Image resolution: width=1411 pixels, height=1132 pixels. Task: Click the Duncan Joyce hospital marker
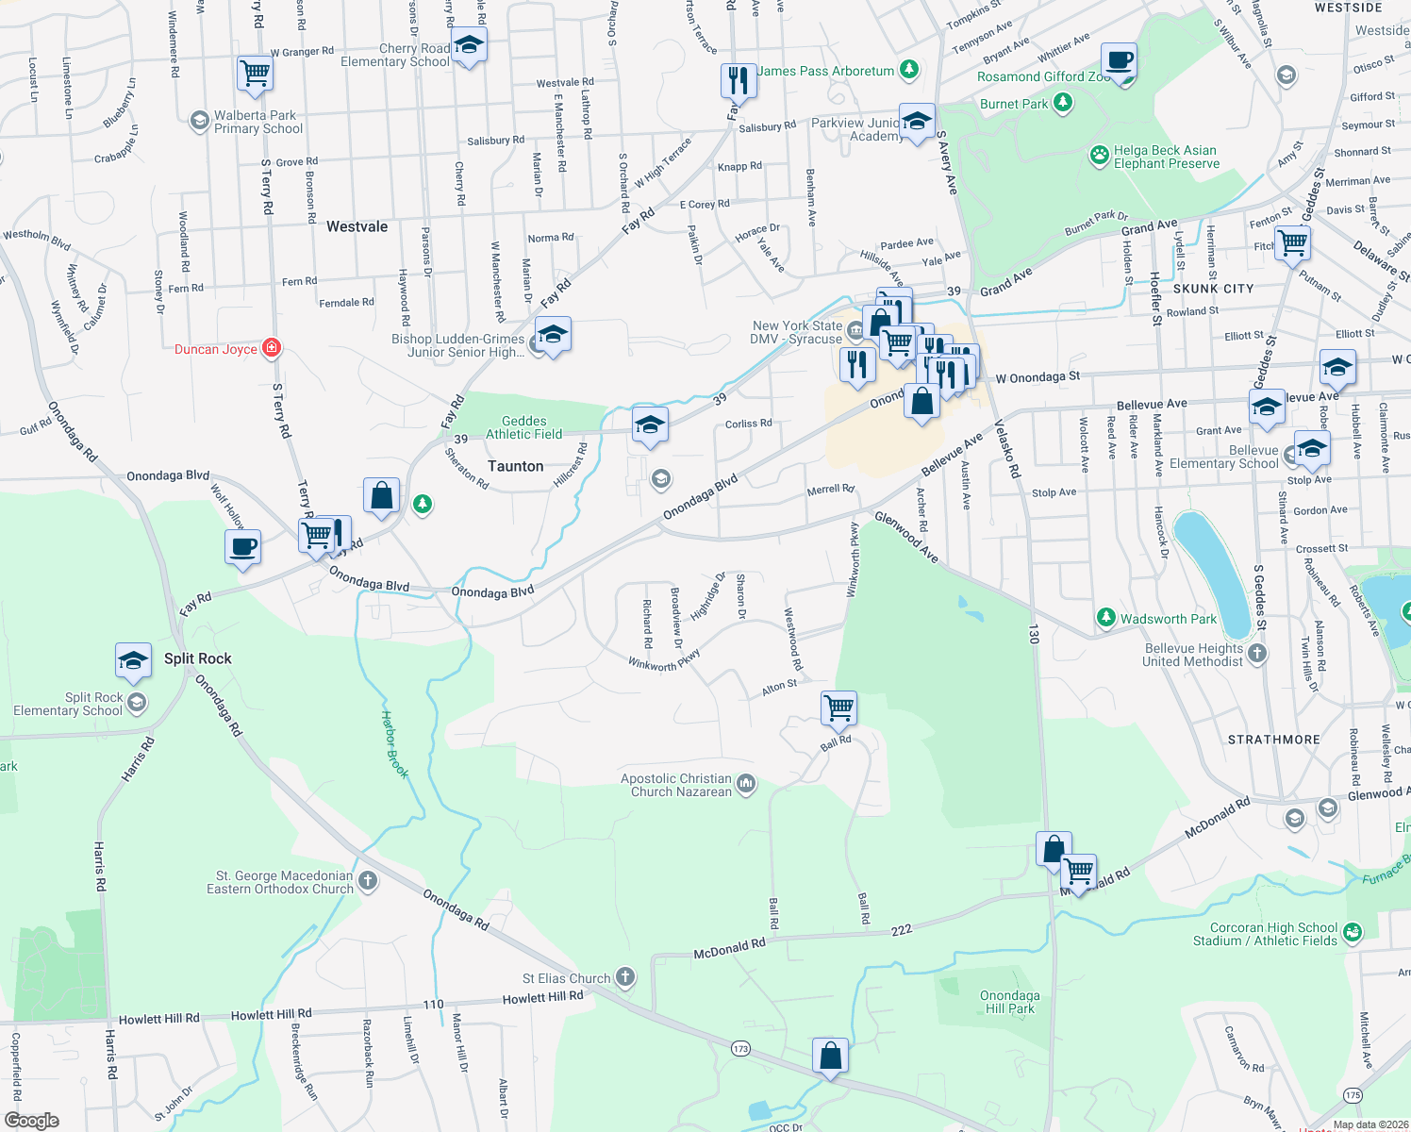click(x=272, y=348)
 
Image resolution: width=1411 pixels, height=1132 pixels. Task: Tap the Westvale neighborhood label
click(x=357, y=226)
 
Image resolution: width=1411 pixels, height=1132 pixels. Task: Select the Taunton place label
click(x=515, y=466)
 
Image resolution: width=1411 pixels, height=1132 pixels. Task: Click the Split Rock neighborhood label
click(x=197, y=658)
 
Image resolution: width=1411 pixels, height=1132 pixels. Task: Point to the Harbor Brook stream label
click(x=395, y=744)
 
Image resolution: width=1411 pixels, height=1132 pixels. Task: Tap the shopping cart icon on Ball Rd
click(x=838, y=707)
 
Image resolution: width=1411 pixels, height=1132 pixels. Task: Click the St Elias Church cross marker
click(x=625, y=977)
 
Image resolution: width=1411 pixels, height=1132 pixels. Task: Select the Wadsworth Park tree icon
click(x=1106, y=618)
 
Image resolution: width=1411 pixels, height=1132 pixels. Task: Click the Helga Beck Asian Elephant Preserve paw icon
click(x=1099, y=155)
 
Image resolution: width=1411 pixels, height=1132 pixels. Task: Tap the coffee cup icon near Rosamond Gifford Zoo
click(x=1119, y=61)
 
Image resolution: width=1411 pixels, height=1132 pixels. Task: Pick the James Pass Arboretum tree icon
click(x=908, y=70)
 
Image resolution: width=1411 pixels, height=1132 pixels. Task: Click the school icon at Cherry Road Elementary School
click(x=469, y=44)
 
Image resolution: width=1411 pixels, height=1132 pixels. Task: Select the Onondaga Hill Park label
click(x=1009, y=1002)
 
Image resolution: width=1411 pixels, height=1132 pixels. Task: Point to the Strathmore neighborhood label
click(x=1273, y=740)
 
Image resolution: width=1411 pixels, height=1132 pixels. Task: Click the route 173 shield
click(x=740, y=1048)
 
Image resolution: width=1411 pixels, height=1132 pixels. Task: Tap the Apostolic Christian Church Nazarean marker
click(x=746, y=784)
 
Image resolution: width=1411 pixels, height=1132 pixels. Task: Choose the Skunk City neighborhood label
click(x=1213, y=289)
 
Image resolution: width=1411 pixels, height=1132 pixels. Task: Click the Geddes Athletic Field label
click(x=523, y=427)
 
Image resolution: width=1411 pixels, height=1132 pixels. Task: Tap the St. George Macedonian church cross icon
click(x=368, y=881)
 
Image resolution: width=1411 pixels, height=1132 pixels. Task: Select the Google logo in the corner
click(x=31, y=1121)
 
